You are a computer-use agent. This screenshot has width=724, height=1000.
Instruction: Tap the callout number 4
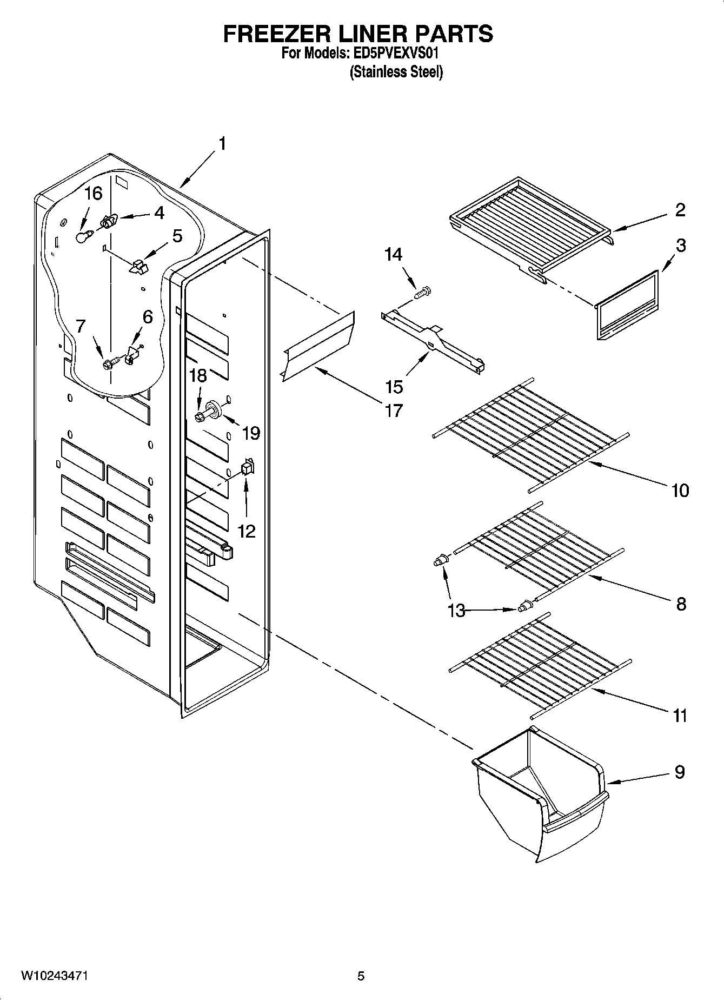[x=159, y=213]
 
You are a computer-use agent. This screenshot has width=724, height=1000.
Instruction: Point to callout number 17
[x=393, y=410]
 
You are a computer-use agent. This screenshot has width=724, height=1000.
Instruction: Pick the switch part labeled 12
[x=248, y=466]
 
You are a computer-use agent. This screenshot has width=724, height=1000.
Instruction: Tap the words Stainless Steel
[x=396, y=71]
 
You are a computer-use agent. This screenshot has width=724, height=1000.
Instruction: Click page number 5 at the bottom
[x=361, y=976]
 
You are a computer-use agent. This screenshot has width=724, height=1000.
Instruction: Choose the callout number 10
[x=680, y=490]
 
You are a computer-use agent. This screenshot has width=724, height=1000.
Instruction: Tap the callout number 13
[x=456, y=611]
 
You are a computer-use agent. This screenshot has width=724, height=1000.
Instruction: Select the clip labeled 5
[x=138, y=266]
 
